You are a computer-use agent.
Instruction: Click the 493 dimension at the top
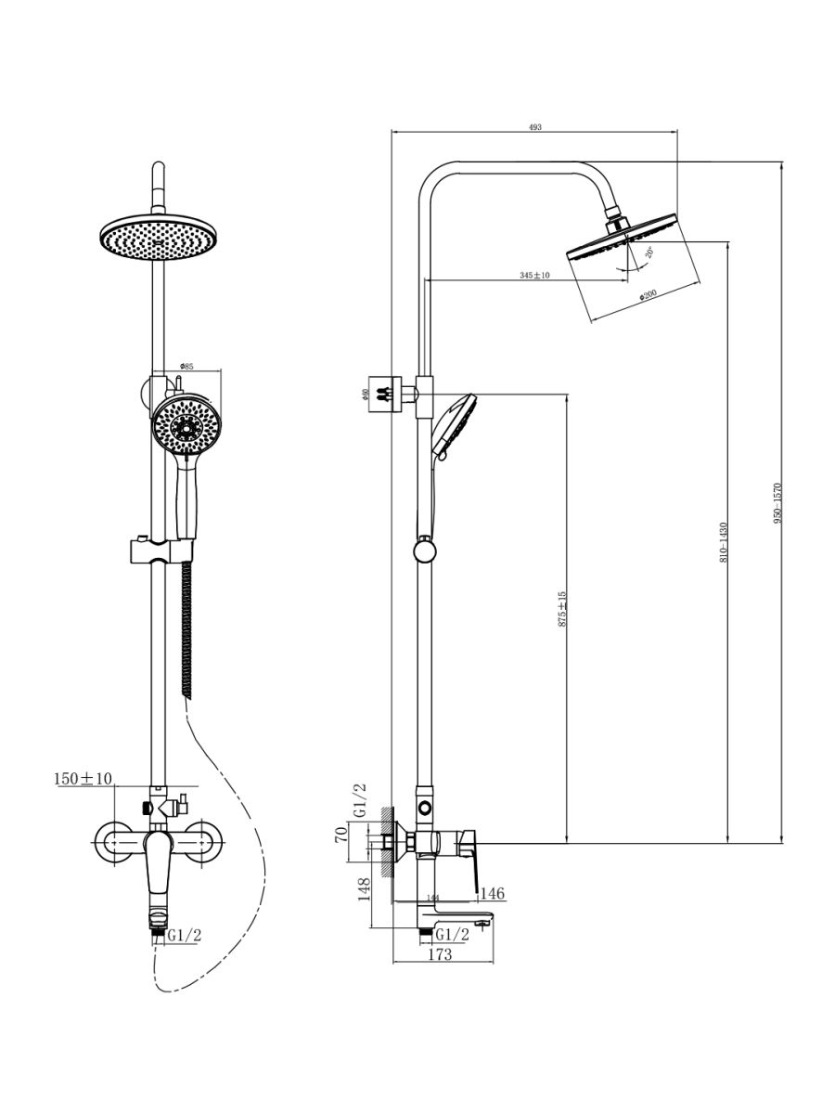534,127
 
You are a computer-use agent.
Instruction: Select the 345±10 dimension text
534,275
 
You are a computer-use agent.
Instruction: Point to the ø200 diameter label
647,296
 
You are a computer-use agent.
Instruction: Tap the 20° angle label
649,253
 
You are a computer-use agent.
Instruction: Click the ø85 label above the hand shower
186,367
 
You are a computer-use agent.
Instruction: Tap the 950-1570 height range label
778,503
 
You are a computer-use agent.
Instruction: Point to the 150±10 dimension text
83,779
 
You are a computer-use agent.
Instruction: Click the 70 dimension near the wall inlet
341,833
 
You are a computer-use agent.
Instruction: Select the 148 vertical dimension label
366,890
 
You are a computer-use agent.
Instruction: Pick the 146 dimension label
492,893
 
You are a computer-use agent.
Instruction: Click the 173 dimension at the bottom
439,954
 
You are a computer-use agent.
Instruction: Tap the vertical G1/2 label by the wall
360,800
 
